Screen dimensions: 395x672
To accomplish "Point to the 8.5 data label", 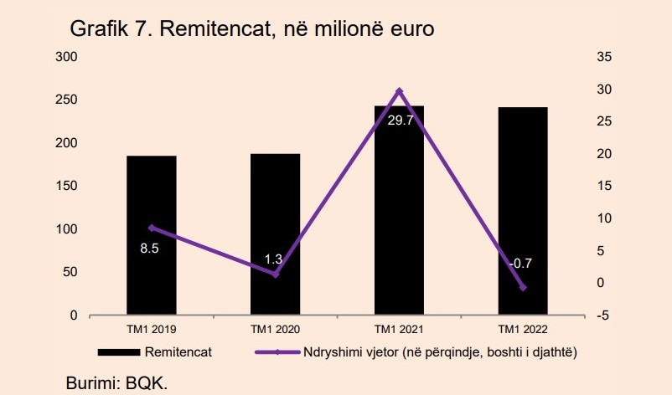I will point(152,249).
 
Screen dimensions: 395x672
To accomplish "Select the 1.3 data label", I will point(274,259).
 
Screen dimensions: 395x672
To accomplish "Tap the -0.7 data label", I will point(520,264).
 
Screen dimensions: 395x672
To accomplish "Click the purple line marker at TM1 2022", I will point(523,287).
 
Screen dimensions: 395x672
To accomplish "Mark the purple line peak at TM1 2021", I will point(399,90).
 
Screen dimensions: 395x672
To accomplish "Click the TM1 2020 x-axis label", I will point(275,330).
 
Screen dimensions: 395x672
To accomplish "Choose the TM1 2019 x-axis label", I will point(152,330).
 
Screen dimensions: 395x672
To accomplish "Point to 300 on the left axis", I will point(67,57).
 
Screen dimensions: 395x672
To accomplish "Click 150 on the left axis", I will point(67,186).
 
